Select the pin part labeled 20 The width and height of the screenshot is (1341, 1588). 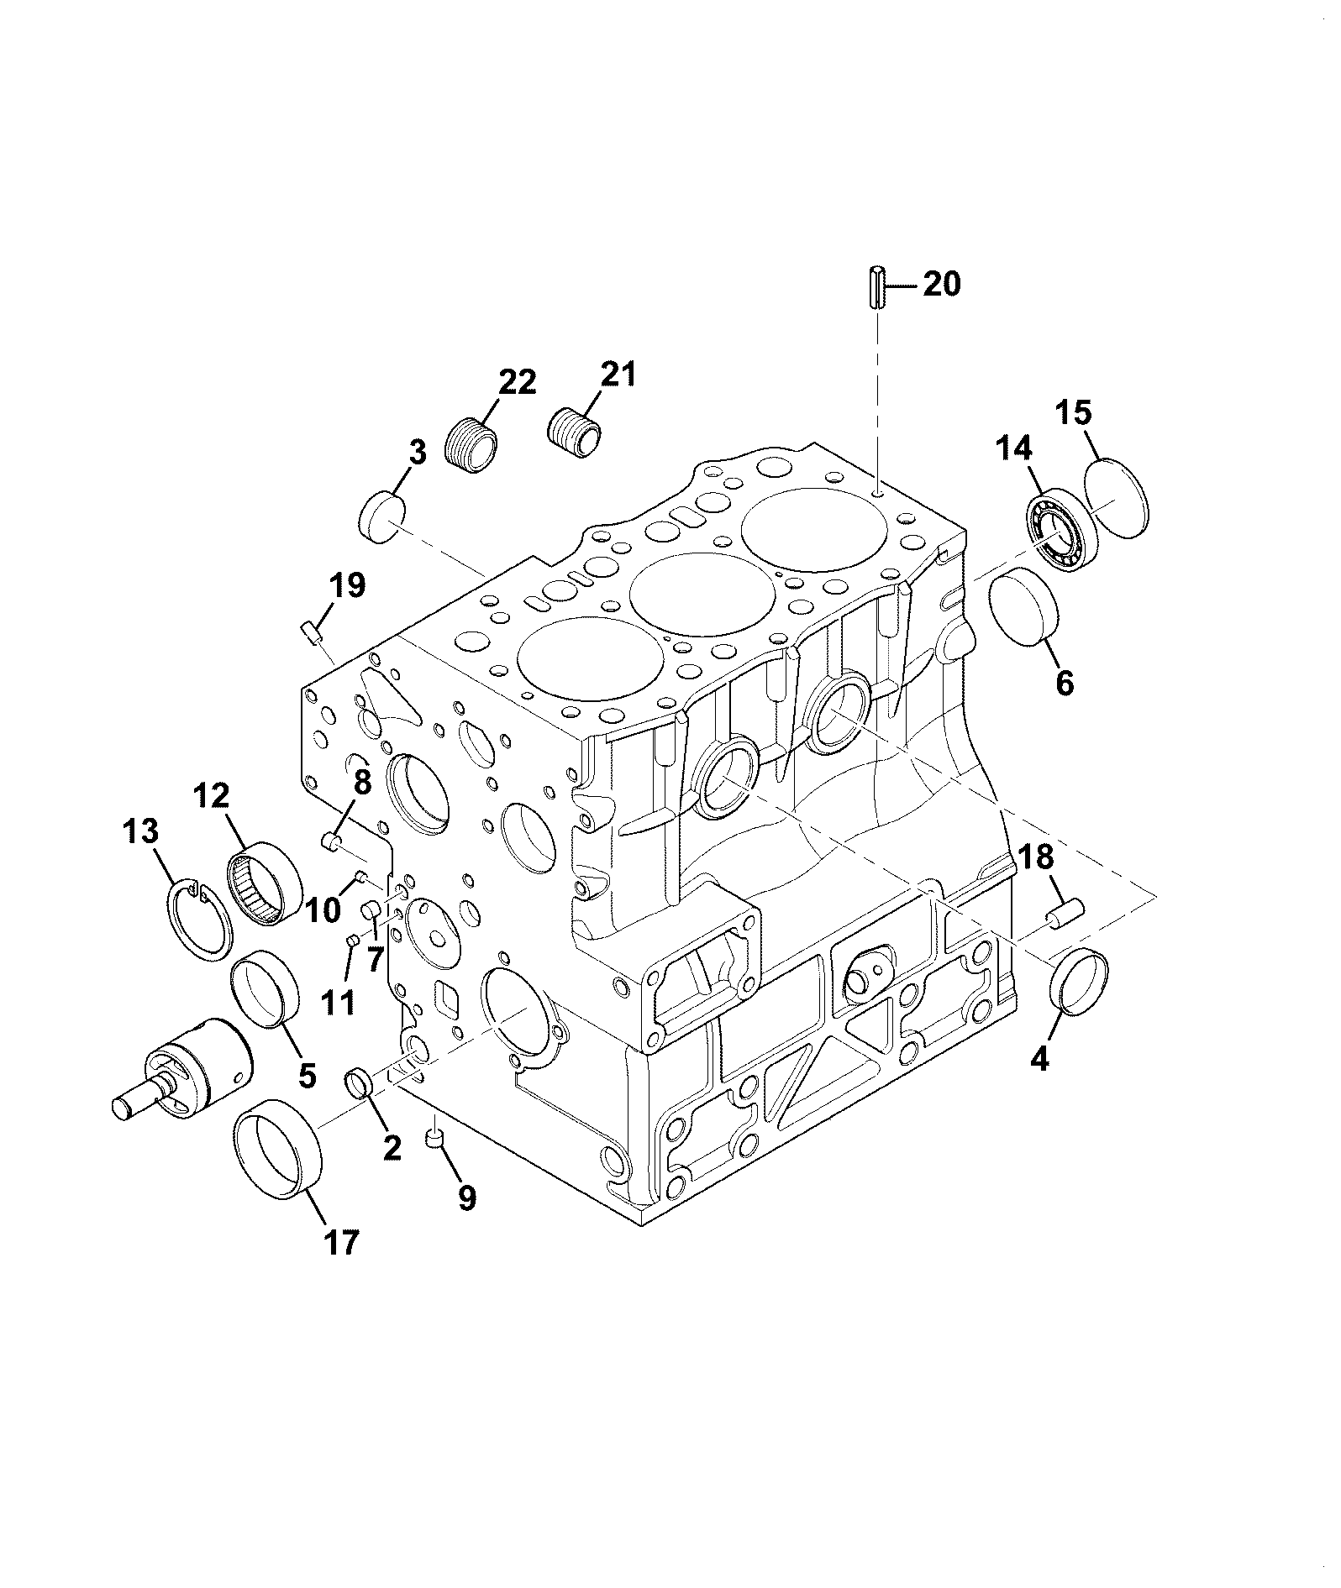click(876, 289)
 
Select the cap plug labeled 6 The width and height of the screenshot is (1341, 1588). click(1025, 608)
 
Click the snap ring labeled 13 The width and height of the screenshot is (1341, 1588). click(201, 920)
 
